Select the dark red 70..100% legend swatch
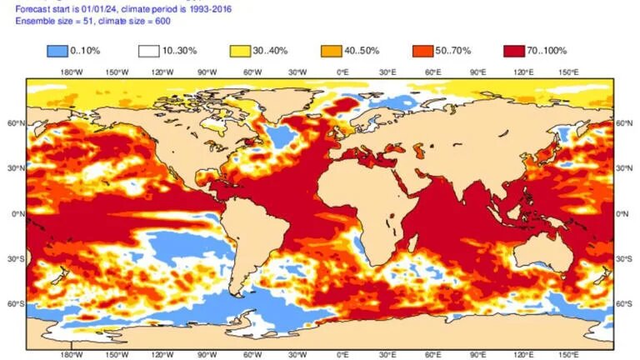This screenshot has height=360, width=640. (x=514, y=51)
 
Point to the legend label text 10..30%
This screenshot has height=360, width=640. (x=181, y=52)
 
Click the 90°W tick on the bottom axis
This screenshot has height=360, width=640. (x=207, y=352)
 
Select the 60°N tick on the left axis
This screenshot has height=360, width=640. (x=13, y=123)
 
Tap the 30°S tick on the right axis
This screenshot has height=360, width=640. (x=625, y=258)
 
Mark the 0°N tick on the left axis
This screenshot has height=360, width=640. (x=15, y=213)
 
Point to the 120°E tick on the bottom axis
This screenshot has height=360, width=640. (x=523, y=352)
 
